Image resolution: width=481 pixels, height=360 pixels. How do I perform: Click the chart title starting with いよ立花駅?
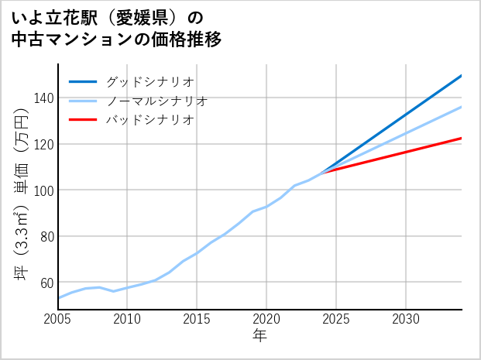pos(116,28)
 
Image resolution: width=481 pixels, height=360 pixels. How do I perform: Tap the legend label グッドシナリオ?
pos(149,81)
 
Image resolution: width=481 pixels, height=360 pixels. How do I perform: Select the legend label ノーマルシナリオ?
pos(156,101)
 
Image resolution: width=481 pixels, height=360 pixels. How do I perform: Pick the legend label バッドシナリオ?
pos(149,120)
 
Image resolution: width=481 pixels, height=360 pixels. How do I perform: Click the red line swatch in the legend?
pos(83,120)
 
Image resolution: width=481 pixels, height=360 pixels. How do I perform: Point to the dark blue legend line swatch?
pos(83,81)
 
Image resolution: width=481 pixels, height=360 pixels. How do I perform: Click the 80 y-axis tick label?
pos(46,236)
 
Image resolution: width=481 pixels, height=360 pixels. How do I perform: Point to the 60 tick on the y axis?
pos(46,283)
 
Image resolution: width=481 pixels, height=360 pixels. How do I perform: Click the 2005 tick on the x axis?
pos(58,319)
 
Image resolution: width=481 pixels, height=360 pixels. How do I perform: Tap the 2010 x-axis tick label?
pos(128,319)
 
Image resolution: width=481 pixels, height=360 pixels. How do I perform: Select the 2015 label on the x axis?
pos(197,319)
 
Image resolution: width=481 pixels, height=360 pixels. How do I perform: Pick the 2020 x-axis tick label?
pos(266,319)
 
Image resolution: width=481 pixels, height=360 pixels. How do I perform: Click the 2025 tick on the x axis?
pos(336,319)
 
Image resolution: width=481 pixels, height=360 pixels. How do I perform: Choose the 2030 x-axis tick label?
pos(406,319)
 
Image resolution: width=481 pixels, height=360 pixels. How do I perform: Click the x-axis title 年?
pos(260,336)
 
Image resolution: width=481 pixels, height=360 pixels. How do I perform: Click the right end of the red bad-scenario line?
pos(461,139)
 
